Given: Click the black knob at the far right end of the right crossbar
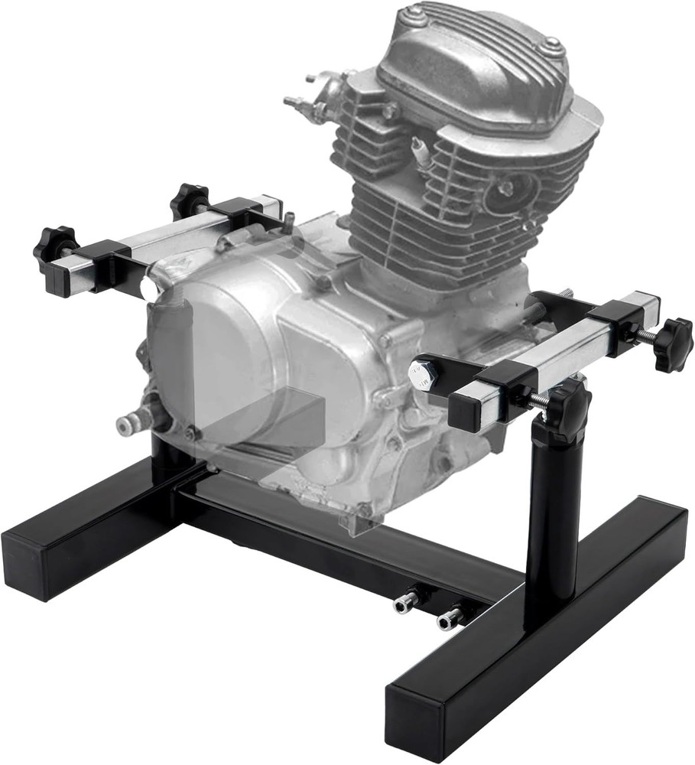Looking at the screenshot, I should point(673,343).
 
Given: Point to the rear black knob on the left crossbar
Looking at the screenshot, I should point(189,200).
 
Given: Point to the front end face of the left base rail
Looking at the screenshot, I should point(31,562).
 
